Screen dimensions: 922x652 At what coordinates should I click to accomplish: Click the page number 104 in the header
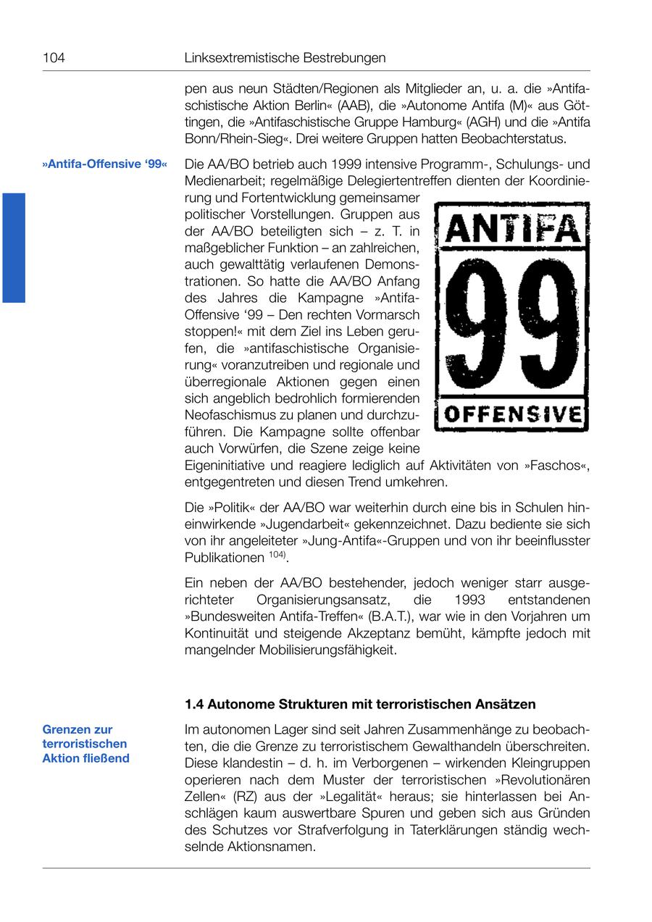pyautogui.click(x=54, y=58)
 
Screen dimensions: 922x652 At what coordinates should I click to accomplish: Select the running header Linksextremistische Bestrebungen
pyautogui.click(x=285, y=58)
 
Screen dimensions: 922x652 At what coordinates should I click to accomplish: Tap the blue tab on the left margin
pyautogui.click(x=14, y=247)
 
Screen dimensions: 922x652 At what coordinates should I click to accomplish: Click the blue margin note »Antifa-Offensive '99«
pyautogui.click(x=104, y=164)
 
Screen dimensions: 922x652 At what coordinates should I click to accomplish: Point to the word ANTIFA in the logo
pyautogui.click(x=512, y=230)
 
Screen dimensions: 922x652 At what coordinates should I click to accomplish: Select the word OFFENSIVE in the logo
pyautogui.click(x=512, y=415)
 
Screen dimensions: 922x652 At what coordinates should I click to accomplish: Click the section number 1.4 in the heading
pyautogui.click(x=194, y=704)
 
